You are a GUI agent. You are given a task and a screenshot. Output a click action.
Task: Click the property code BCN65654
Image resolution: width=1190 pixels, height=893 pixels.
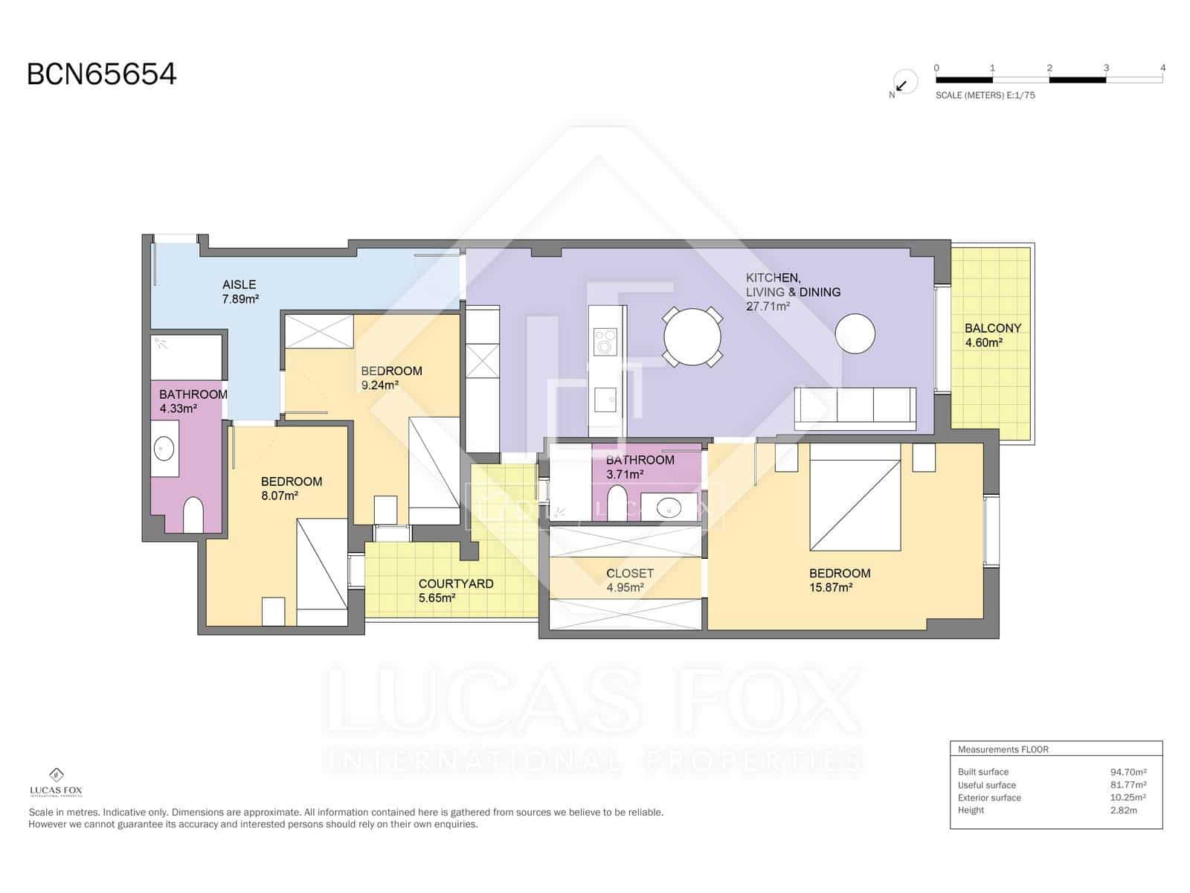(x=101, y=74)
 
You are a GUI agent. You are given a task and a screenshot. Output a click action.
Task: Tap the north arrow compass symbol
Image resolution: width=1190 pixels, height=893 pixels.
(x=904, y=83)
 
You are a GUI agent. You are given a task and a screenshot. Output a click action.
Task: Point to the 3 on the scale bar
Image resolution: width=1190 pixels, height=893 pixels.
(x=1106, y=68)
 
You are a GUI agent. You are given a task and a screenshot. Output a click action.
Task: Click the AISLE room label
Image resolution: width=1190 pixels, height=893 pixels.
(x=239, y=284)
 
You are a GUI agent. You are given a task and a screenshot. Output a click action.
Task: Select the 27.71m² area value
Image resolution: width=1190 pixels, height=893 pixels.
(x=767, y=307)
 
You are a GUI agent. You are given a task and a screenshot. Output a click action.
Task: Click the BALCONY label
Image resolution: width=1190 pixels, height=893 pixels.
(x=992, y=328)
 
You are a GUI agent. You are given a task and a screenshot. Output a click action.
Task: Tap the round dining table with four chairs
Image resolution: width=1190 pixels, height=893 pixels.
(x=692, y=336)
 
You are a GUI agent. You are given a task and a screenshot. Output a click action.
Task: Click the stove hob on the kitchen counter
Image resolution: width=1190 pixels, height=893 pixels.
(x=605, y=342)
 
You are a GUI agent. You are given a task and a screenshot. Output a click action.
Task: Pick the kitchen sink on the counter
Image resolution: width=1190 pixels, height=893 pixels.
(x=605, y=400)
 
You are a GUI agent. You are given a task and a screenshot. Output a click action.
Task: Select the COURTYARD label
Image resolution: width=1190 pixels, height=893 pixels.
(x=455, y=583)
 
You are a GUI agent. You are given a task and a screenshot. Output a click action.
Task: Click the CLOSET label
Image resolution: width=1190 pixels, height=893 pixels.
(x=629, y=573)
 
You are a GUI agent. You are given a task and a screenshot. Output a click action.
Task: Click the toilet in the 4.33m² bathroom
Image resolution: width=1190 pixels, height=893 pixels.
(x=193, y=514)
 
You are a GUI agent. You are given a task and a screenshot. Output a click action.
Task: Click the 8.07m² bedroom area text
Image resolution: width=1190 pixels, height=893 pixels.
(x=279, y=495)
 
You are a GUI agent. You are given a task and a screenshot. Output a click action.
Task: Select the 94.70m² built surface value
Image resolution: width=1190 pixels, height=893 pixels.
(x=1128, y=772)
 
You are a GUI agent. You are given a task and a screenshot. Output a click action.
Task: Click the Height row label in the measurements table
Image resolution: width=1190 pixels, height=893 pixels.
(x=971, y=810)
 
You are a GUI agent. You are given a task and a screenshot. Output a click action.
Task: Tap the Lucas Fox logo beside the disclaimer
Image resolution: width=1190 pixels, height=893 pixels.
(x=56, y=782)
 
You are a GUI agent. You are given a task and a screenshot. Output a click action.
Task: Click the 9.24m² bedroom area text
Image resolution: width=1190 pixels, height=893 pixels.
(x=379, y=385)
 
